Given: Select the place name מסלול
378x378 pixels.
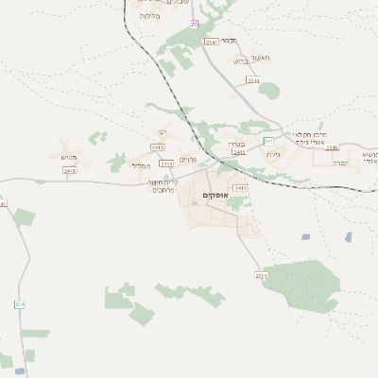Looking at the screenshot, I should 140,165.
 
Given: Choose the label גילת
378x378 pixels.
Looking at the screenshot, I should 274,153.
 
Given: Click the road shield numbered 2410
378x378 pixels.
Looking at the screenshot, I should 69,170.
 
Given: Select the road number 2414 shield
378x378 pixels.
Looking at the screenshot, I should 167,163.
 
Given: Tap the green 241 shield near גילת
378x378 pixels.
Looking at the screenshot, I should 268,141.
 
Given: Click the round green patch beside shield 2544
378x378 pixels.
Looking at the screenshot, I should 269,91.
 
